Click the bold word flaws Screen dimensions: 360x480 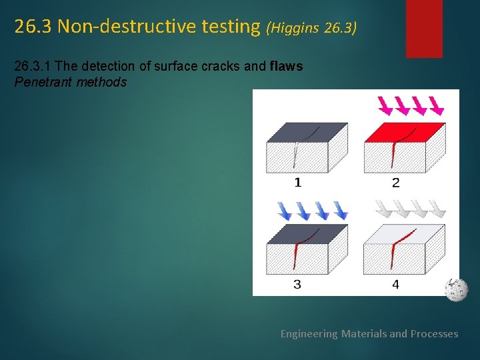[287, 66]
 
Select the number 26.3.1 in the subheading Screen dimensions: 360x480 [32, 66]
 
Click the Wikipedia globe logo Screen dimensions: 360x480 [457, 290]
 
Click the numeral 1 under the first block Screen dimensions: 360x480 [297, 182]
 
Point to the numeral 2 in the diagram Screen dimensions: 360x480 [395, 182]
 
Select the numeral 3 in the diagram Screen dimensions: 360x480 [297, 285]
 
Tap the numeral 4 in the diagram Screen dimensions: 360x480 [395, 285]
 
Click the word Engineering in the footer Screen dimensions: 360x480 [309, 333]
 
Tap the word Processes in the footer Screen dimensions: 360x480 [434, 333]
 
